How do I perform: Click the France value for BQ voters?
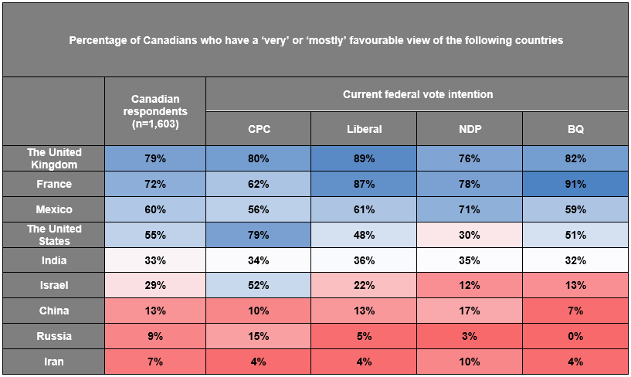575,185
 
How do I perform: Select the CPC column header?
259,129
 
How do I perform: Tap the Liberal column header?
365,129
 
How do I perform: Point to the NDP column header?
470,129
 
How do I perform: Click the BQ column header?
575,129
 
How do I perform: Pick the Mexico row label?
54,209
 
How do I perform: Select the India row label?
54,260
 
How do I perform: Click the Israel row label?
54,285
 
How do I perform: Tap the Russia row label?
54,336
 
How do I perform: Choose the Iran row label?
54,362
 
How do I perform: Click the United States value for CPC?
259,235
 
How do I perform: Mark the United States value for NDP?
470,235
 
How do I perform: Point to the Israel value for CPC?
259,285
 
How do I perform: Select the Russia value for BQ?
575,336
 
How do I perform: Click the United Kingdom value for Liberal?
365,158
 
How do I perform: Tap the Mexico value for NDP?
470,209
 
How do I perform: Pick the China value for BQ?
575,311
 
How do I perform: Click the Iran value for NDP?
470,362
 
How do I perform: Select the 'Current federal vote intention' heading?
418,94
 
